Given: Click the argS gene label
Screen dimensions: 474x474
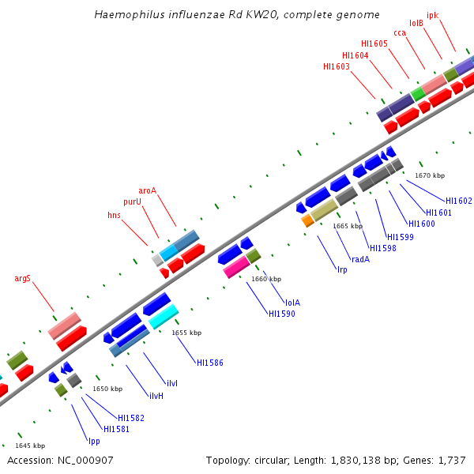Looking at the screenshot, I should tap(23, 278).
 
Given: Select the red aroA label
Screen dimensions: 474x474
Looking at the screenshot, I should tap(148, 190).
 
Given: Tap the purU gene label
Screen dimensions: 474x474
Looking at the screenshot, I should tap(132, 202).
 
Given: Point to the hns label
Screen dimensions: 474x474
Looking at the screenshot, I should tap(115, 215).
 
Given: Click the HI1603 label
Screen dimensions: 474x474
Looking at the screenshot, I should tap(337, 67).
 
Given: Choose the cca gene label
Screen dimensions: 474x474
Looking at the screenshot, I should tap(400, 32).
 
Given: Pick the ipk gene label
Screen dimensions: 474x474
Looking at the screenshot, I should tap(433, 15).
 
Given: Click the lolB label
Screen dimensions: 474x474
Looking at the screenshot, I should tap(416, 24).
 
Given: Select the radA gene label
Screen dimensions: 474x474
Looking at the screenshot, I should tap(360, 259).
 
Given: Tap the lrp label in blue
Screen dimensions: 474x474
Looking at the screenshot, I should tap(342, 270).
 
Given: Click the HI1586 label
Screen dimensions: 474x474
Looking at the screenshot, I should tap(210, 363).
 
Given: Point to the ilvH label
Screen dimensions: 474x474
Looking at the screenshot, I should tap(156, 396).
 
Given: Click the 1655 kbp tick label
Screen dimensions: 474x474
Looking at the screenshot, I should tap(186, 333).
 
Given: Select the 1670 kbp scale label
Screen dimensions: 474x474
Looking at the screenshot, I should tap(430, 175).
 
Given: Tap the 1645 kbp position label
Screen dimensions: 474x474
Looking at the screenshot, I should tap(30, 446).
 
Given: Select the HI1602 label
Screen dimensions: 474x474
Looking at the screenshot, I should tap(459, 201).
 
